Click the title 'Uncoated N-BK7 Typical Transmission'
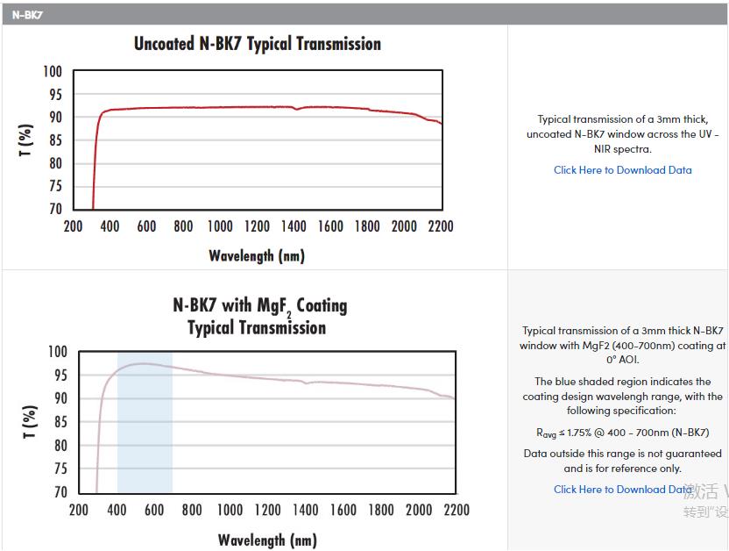coord(257,44)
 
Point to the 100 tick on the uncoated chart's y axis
coord(53,72)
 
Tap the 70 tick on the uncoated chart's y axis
coord(54,209)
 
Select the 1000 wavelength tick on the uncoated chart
coord(220,226)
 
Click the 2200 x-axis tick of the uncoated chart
coord(441,226)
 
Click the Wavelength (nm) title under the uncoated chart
coord(256,256)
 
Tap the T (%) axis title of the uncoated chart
coord(26,140)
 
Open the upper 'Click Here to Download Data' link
coord(622,170)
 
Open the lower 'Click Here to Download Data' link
coord(622,490)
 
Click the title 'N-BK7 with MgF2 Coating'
coord(259,306)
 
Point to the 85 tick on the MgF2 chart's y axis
coord(58,422)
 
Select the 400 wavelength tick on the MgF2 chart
coord(117,510)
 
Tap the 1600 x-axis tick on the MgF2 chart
coord(343,510)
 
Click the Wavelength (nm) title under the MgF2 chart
coord(266,540)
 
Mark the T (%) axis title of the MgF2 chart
coord(28,423)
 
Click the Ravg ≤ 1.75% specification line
coord(622,433)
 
